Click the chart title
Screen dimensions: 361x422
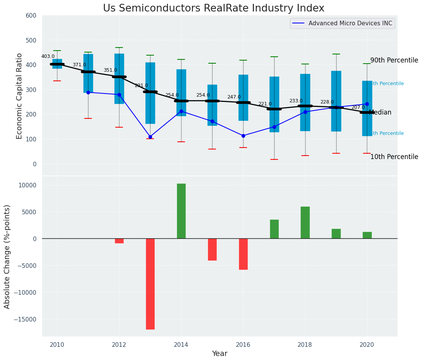(213, 8)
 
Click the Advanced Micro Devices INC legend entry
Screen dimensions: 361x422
(350, 23)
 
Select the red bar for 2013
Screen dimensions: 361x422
(150, 284)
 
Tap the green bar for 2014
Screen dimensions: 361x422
(181, 211)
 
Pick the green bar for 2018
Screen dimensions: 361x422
(305, 223)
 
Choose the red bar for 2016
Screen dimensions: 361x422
(243, 254)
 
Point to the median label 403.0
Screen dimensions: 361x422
(48, 56)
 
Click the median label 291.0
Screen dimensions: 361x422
(141, 85)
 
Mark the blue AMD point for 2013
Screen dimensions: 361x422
(150, 137)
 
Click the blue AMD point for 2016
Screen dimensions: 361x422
(243, 136)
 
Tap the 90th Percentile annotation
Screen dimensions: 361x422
(394, 61)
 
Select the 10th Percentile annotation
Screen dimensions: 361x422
(394, 157)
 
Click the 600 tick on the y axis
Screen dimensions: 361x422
(31, 16)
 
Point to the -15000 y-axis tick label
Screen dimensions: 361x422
(25, 319)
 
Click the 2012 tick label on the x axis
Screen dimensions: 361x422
(119, 345)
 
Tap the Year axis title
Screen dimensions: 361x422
(220, 354)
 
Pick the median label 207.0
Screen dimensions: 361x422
(358, 107)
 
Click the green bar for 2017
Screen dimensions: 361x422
(274, 229)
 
